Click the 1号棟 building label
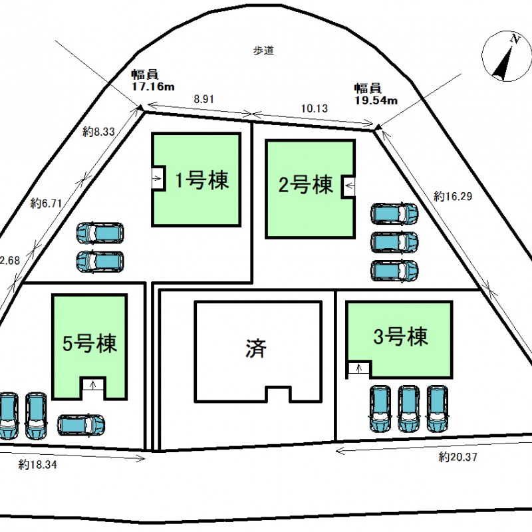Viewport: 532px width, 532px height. [x=202, y=180]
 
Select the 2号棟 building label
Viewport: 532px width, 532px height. [x=305, y=184]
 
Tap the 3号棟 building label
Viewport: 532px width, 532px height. [x=399, y=337]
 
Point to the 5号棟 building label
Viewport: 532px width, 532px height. [x=90, y=344]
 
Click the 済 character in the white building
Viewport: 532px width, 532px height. [x=255, y=348]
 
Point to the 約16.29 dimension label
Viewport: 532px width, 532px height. [x=449, y=196]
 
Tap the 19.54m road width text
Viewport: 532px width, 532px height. [x=375, y=100]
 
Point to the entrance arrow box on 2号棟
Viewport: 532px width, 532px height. [x=348, y=186]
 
